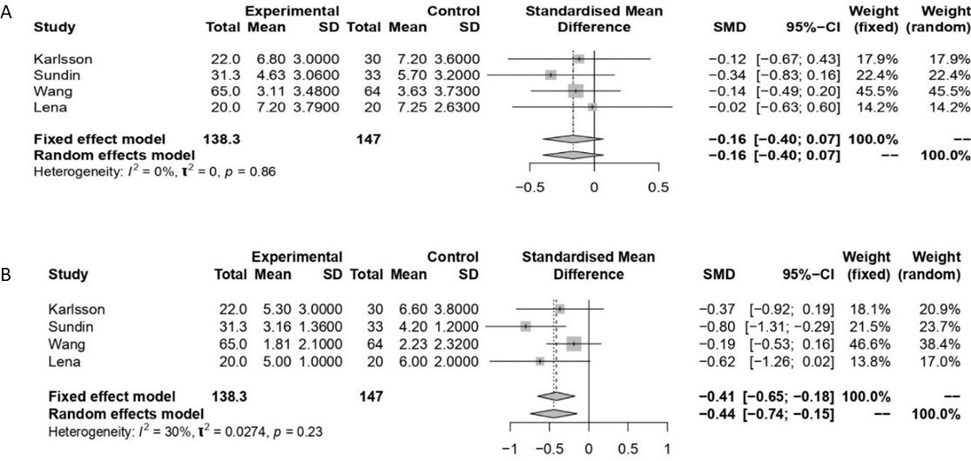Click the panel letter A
[7, 16]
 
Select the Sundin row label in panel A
[56, 75]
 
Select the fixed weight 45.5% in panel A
[879, 90]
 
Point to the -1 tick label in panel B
[511, 450]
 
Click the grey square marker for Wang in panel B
[573, 344]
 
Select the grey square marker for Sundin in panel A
[550, 75]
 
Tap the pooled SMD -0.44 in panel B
[717, 411]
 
